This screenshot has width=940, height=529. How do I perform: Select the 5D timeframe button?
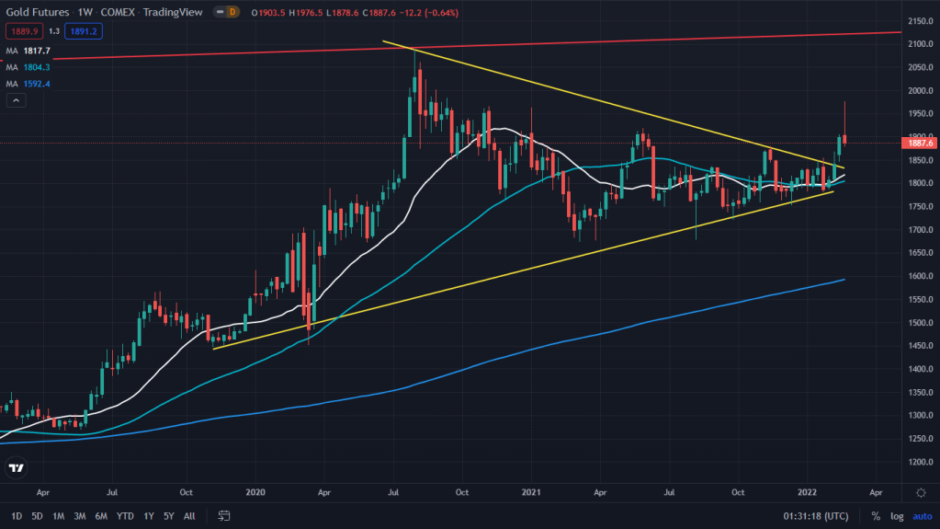point(38,515)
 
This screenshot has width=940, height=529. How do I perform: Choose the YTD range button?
point(125,515)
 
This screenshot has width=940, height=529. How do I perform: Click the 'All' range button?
point(189,515)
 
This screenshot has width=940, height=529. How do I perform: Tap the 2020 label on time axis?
point(255,492)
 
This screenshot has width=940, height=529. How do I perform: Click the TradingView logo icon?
point(17,468)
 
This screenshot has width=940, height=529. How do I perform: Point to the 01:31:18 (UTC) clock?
point(815,515)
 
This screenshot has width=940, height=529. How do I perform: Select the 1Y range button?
point(149,515)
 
